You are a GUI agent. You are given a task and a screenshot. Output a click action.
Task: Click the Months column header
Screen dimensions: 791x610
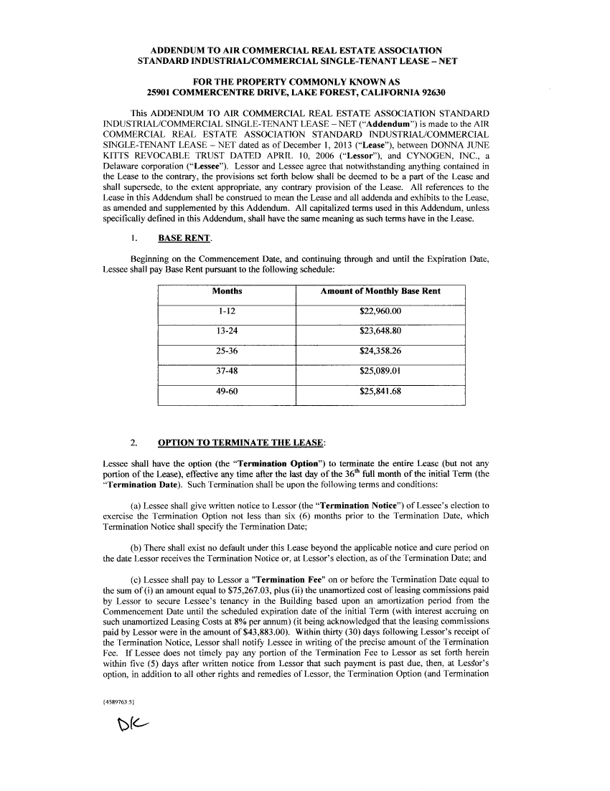227,291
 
